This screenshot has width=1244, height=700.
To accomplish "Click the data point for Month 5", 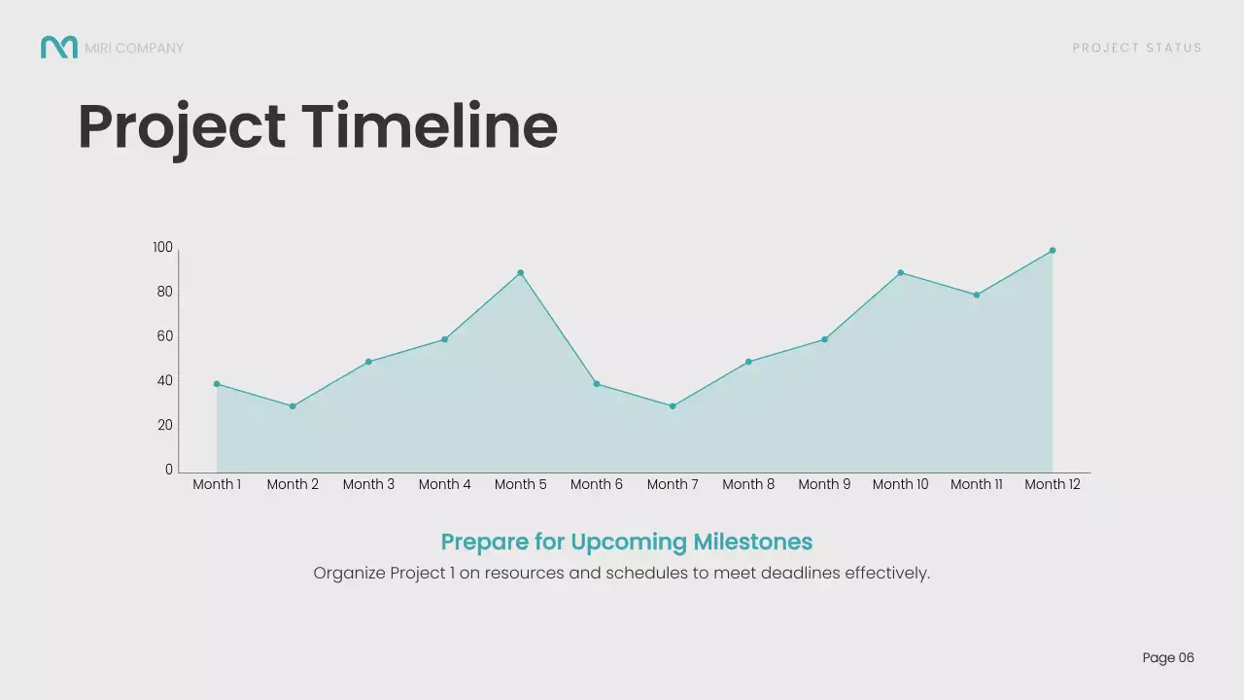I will point(520,273).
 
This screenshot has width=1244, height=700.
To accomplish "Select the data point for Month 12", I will point(1052,251).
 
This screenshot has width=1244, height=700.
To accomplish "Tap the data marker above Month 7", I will point(673,406).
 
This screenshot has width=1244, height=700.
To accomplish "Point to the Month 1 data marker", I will point(217,384).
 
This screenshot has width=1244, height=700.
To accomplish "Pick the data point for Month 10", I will point(900,273).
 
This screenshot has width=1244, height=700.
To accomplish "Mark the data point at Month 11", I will point(976,296).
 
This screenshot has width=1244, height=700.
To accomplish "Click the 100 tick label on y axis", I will point(162,248).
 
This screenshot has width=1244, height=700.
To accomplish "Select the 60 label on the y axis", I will point(164,336).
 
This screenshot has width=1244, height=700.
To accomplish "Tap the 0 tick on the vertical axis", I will point(169,470).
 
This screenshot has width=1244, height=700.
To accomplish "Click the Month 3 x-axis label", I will point(368,484).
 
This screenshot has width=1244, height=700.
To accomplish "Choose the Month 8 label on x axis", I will point(748,484).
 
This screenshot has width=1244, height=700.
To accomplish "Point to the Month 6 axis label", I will point(596,484).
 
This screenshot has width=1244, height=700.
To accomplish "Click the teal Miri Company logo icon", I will point(58,47).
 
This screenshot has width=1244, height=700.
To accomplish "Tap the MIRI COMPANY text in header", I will point(134,48).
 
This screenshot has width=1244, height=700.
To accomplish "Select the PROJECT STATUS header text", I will point(1137,48).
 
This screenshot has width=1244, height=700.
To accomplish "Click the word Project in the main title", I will point(182,128).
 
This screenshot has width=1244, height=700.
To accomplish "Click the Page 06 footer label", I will point(1168,658).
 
